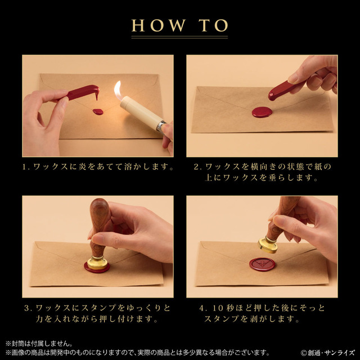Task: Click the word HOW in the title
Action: pos(159,25)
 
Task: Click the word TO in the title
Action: pos(213,25)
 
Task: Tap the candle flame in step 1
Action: pos(118,91)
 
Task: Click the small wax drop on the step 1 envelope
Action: pos(98,112)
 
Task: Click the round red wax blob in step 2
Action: pos(262,112)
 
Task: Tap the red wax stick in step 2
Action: pos(287,88)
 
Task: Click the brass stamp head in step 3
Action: pos(97,263)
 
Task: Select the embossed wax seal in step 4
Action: pos(262,264)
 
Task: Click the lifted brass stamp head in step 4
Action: pos(268,245)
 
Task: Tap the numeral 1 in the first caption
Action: pos(24,167)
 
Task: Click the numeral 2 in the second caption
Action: pos(196,167)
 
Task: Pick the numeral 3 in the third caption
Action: pos(26,308)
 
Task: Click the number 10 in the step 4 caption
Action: pos(218,308)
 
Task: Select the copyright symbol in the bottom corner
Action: pos(304,353)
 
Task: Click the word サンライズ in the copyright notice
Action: pos(340,353)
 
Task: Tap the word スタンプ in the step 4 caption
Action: pos(221,319)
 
